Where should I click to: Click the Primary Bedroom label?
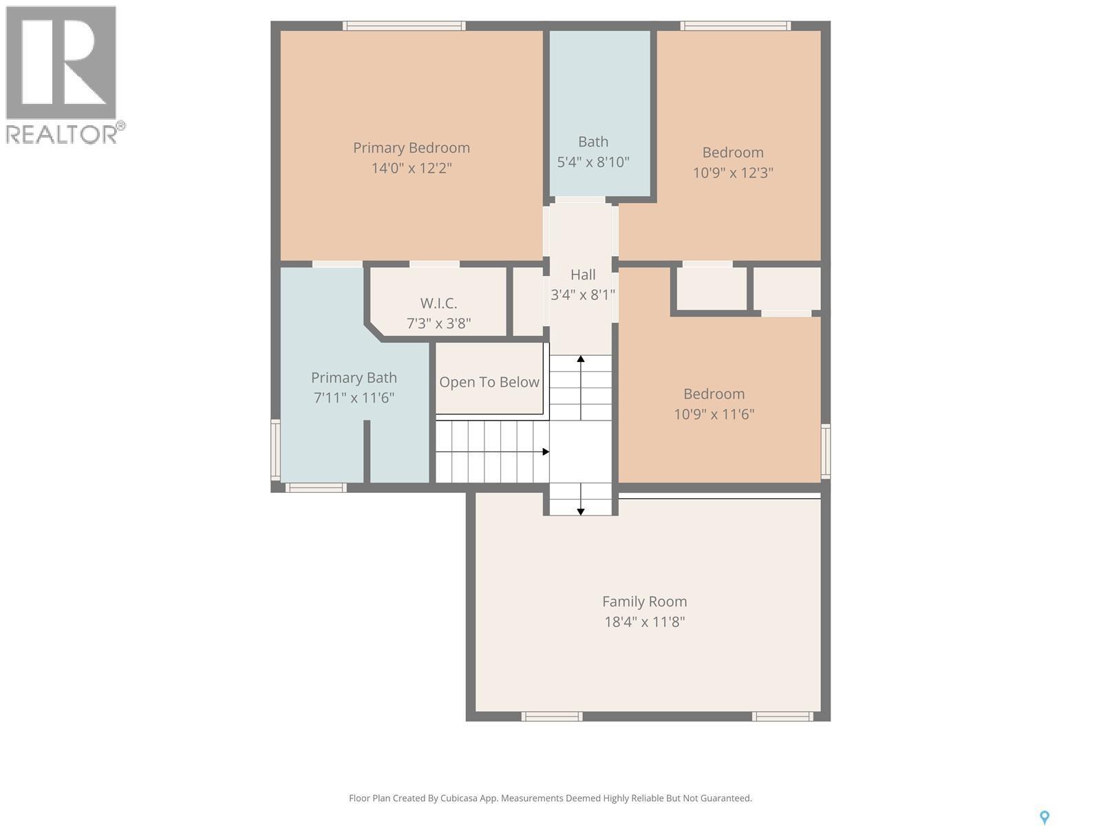click(x=411, y=148)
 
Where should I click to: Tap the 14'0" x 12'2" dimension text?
click(x=411, y=168)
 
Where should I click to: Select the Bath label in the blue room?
click(x=592, y=142)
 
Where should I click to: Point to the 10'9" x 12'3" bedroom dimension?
click(x=733, y=173)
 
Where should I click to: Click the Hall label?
click(x=582, y=275)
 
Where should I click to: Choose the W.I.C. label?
click(x=438, y=304)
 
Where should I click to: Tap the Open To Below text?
click(x=489, y=382)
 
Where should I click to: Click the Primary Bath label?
click(x=354, y=378)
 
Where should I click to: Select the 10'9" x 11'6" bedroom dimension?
click(x=714, y=414)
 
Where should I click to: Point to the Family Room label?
click(x=644, y=602)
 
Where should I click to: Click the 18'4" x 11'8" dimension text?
click(x=644, y=622)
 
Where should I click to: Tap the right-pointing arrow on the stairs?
click(x=545, y=452)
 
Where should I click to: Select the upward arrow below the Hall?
click(x=581, y=359)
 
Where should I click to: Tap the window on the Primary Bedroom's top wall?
click(x=404, y=26)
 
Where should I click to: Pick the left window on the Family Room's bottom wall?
click(x=551, y=717)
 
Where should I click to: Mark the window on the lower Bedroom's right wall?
click(x=826, y=452)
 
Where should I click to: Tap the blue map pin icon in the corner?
click(x=1044, y=817)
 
